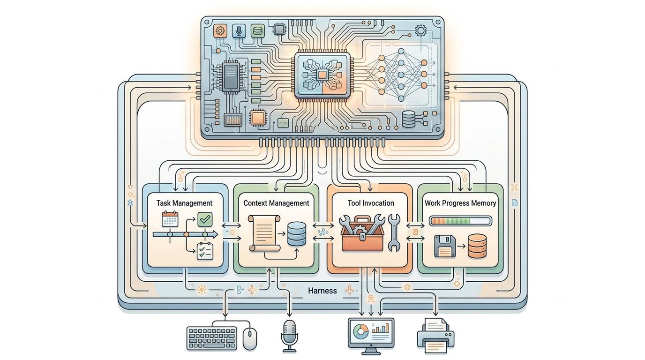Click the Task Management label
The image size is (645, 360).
click(x=184, y=203)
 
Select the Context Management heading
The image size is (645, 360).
click(x=276, y=203)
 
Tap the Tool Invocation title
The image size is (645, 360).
click(x=371, y=203)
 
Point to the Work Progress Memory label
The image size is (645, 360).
click(x=460, y=203)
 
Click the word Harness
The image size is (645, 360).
click(x=322, y=291)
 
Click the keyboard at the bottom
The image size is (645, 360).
click(x=211, y=338)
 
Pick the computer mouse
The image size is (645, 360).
click(x=250, y=338)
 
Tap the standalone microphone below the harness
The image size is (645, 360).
click(x=289, y=334)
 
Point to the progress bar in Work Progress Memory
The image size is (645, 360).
click(x=460, y=221)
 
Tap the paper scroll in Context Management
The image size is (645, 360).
click(x=264, y=233)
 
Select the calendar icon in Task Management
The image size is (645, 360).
click(x=170, y=219)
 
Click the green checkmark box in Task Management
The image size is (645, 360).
click(x=205, y=219)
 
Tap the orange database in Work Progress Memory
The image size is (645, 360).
click(x=477, y=246)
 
